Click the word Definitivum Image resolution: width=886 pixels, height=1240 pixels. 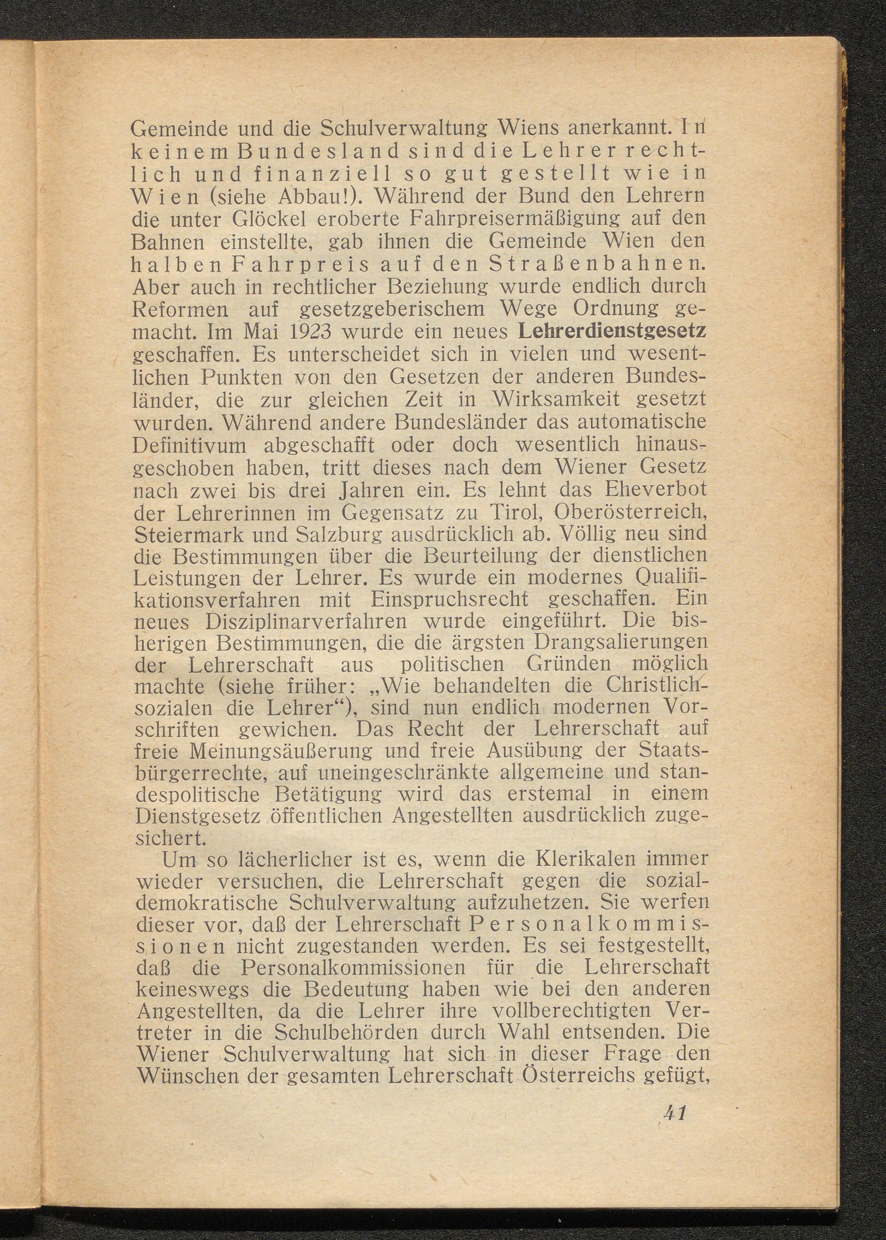pos(189,445)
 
